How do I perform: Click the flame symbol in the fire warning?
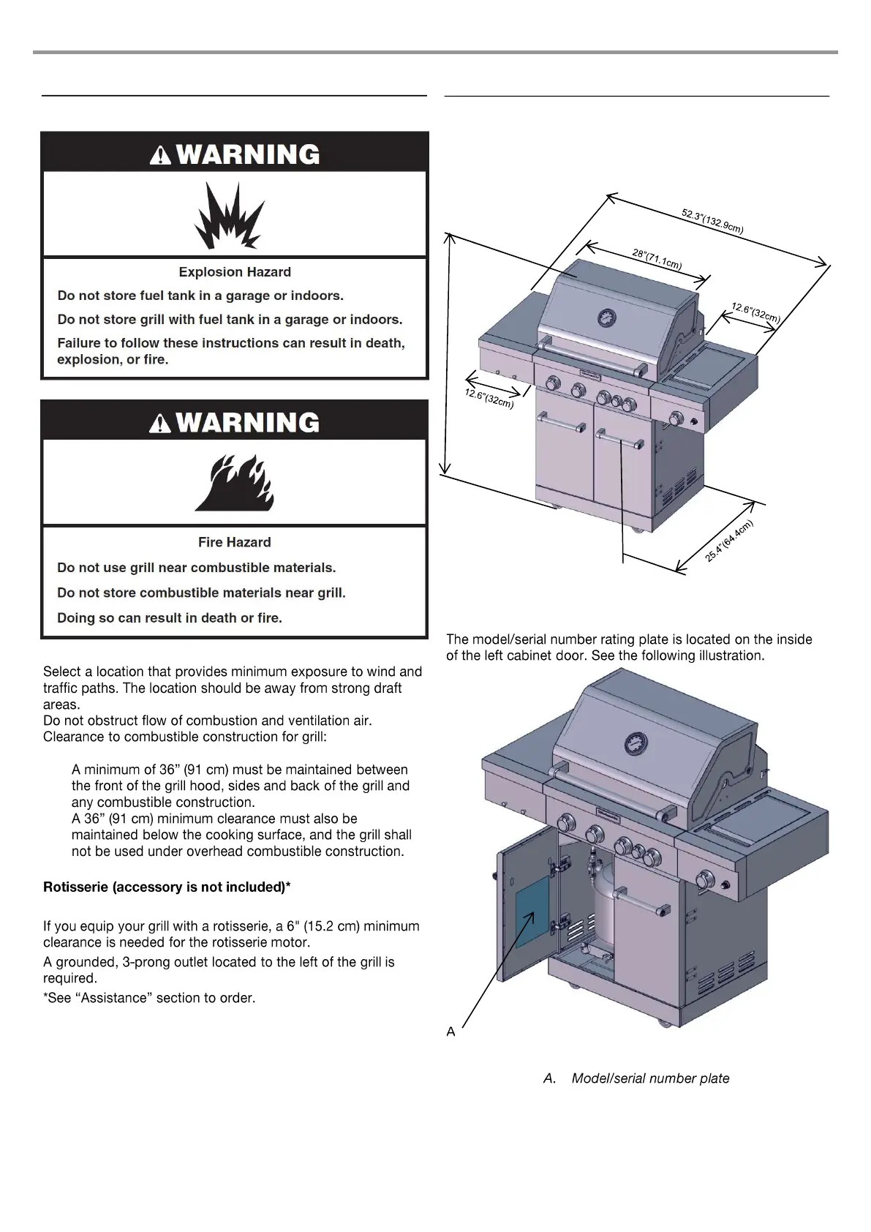(235, 483)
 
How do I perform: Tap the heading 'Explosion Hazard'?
(235, 272)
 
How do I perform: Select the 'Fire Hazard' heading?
(235, 542)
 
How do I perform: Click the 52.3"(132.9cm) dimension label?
(712, 222)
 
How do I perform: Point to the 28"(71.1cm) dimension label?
(657, 260)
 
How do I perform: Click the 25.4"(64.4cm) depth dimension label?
(728, 540)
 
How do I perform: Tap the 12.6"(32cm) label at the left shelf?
(489, 398)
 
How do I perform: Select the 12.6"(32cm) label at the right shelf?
(756, 312)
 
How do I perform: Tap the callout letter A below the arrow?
(450, 1032)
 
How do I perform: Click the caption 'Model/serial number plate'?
(650, 1078)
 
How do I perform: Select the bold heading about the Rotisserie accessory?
(167, 887)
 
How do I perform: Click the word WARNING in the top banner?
(248, 154)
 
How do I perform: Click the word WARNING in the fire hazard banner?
(248, 422)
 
